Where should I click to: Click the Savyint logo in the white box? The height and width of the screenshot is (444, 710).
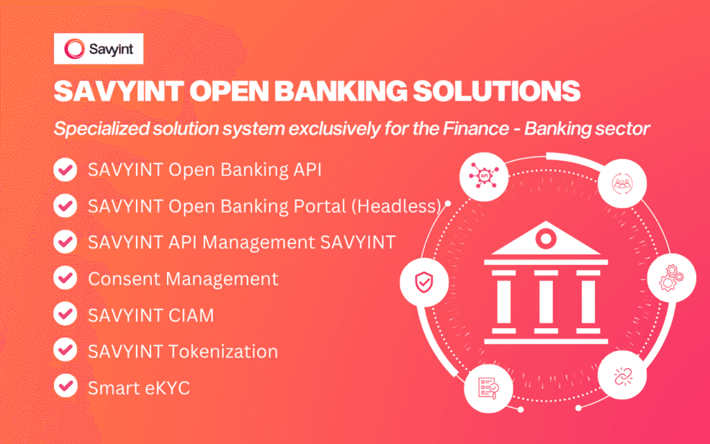98,49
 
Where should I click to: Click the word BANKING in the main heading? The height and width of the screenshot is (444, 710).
340,91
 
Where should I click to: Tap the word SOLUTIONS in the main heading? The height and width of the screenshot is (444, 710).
496,91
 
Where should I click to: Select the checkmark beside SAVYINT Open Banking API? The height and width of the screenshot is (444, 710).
65,169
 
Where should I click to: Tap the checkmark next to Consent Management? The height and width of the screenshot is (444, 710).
65,277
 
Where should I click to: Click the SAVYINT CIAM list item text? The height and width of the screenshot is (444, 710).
150,316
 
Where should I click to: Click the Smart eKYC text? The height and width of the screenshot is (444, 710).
139,388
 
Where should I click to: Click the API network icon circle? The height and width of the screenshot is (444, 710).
483,176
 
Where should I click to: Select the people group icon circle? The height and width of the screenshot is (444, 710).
622,183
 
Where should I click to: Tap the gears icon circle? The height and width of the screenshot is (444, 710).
671,277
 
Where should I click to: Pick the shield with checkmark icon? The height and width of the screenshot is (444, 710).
424,282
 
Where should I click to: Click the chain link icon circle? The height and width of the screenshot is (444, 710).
622,375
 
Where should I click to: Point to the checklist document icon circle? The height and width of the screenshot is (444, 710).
489,388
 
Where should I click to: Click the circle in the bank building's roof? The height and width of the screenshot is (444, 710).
546,238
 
